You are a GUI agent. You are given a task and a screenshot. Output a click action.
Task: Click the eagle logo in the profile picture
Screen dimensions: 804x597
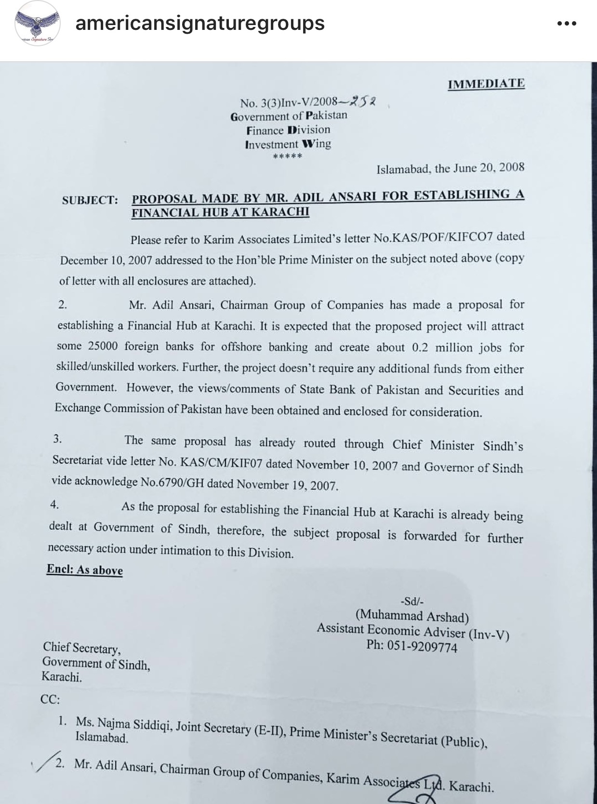(x=37, y=25)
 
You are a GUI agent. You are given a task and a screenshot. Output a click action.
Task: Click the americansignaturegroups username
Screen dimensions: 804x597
(x=200, y=23)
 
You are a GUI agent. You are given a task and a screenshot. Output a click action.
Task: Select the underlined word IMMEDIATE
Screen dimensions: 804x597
(x=486, y=84)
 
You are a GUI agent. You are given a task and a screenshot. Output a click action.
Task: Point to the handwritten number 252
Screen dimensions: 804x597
(x=363, y=102)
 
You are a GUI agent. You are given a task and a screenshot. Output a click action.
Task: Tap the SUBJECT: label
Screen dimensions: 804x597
(x=90, y=200)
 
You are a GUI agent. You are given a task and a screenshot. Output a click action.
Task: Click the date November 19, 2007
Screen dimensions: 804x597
(x=287, y=484)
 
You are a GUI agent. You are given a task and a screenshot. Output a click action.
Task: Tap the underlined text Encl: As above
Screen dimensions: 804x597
(x=85, y=570)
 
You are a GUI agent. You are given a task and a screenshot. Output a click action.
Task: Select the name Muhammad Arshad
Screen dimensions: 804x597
(x=411, y=616)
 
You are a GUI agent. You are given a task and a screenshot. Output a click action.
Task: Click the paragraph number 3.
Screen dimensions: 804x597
(x=57, y=439)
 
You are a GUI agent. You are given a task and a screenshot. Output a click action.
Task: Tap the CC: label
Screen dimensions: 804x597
(x=50, y=699)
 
